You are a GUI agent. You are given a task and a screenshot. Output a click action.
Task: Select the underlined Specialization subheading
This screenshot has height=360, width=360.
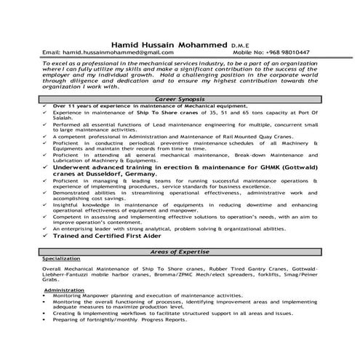pos(63,258)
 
